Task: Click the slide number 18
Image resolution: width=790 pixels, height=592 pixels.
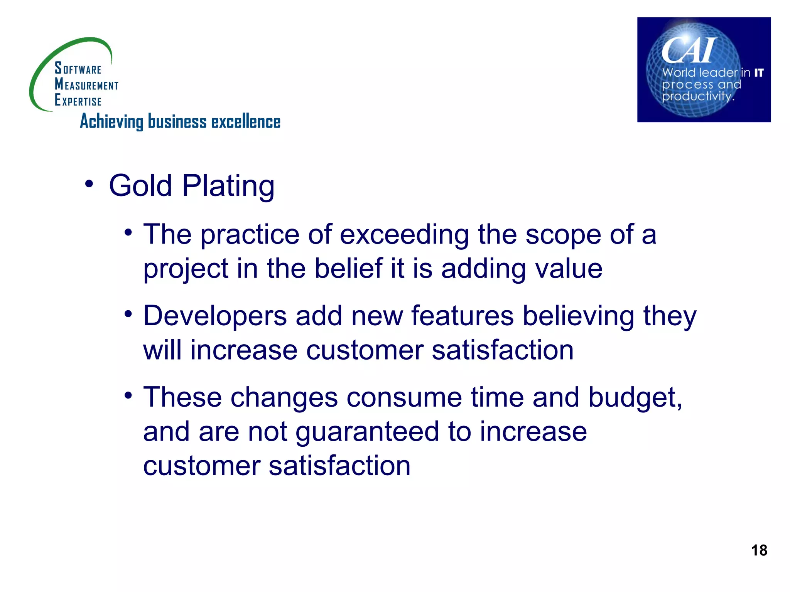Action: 759,550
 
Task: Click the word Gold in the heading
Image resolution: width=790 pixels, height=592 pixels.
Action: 140,186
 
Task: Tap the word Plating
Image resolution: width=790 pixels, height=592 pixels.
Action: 228,187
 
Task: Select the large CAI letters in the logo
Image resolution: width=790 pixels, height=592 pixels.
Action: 689,50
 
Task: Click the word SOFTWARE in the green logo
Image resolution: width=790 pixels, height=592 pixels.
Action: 78,69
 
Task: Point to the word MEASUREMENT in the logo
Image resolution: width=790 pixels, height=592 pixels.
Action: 86,84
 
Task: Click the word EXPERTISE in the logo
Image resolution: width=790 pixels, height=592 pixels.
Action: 78,101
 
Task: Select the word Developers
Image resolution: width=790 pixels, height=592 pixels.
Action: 215,316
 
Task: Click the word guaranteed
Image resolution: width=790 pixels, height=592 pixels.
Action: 367,432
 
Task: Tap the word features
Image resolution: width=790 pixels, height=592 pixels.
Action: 463,316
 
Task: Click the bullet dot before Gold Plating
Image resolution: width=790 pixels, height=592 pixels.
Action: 89,184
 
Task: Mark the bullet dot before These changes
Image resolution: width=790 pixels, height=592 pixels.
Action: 128,396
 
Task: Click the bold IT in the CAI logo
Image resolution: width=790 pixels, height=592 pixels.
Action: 759,72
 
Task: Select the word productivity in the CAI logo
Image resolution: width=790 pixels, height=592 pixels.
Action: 697,96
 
